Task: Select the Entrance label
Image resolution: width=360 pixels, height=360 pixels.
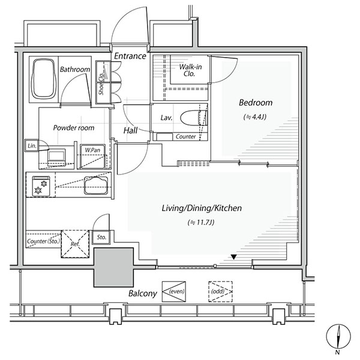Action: coord(130,56)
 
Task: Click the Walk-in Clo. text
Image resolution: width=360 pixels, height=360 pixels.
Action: coord(190,71)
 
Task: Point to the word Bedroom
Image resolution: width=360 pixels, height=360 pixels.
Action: coord(256,103)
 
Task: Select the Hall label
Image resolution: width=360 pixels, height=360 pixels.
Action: coord(131,130)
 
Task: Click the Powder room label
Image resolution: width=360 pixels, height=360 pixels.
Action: coord(74,128)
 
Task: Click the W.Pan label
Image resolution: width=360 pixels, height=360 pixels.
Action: coord(92,149)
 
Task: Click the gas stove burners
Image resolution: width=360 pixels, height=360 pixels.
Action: coord(40,186)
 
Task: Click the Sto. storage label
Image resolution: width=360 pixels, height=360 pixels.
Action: coord(101,238)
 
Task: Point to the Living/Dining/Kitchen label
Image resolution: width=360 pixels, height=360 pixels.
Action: coord(202,208)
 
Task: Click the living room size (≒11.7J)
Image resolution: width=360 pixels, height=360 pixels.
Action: coord(202,223)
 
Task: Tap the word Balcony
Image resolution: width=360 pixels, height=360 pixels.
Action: coord(143,294)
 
